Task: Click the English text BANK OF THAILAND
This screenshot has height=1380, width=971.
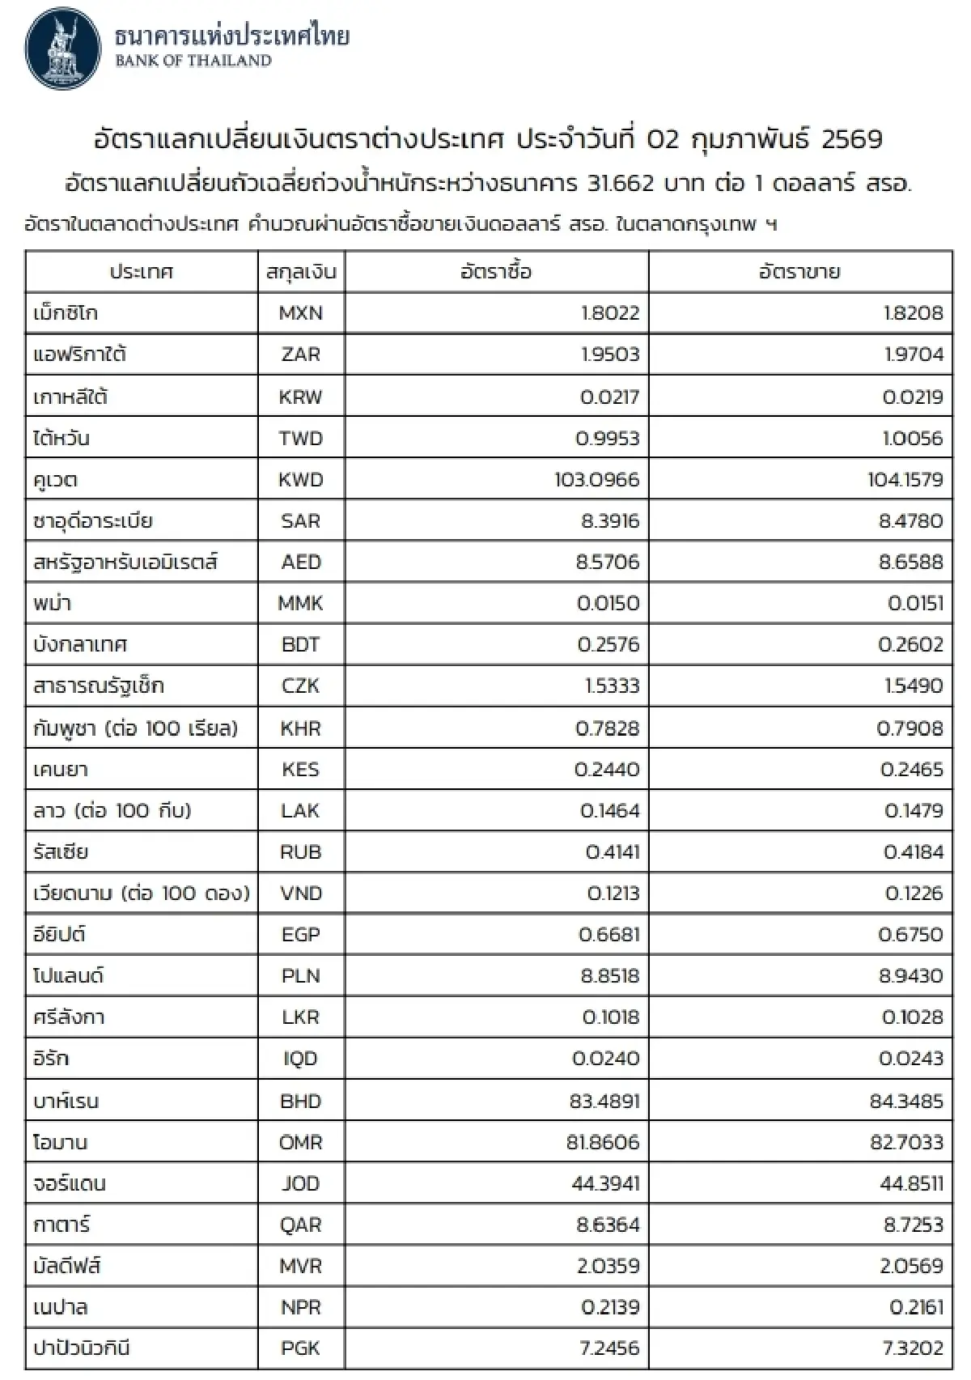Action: (193, 61)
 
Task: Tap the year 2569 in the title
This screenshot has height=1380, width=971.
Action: (851, 140)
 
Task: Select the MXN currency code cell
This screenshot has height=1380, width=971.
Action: (300, 313)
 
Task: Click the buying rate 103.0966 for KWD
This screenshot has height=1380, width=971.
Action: (596, 479)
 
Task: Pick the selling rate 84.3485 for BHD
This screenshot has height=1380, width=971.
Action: (901, 1101)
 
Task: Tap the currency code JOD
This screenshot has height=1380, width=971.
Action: (300, 1183)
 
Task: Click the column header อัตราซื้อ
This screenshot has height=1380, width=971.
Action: (496, 272)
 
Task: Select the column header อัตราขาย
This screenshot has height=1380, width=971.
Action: (799, 272)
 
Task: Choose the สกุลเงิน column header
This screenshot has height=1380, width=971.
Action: (300, 272)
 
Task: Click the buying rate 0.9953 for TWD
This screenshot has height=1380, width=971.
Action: (608, 438)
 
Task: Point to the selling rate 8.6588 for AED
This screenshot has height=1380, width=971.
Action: (911, 562)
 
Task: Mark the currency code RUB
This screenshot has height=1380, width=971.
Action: (300, 851)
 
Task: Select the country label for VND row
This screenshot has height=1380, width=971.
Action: (142, 894)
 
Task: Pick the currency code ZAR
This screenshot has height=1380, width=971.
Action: (300, 355)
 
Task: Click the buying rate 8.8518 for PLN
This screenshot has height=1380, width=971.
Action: (610, 976)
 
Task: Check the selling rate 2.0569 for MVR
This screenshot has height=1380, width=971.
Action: (911, 1266)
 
